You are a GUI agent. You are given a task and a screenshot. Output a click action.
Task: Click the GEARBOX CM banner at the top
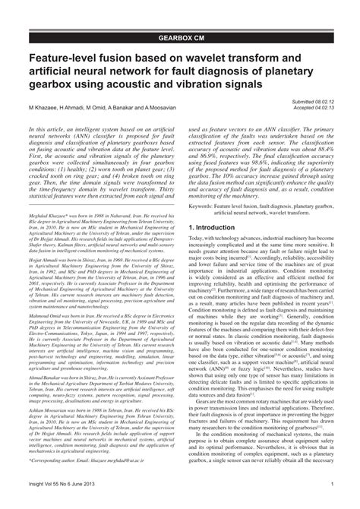tap(180, 36)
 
